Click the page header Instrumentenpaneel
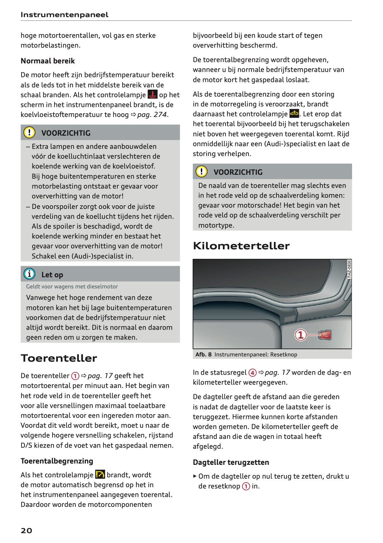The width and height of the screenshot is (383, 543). [64, 14]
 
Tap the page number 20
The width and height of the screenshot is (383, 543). [26, 530]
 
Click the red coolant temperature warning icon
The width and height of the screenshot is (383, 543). [153, 95]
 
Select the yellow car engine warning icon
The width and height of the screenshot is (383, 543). [294, 114]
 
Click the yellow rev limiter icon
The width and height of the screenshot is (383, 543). [100, 474]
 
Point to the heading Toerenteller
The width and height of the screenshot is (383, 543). [59, 358]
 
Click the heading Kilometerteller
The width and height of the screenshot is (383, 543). [241, 245]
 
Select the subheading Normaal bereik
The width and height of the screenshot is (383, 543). [48, 61]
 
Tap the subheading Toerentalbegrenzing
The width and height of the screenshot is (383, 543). [57, 461]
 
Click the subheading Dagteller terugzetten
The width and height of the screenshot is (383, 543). [231, 462]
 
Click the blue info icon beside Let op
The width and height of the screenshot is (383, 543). [29, 274]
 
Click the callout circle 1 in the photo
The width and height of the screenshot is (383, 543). [300, 335]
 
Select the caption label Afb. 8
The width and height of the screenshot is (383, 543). [203, 354]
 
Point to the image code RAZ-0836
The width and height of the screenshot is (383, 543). [349, 269]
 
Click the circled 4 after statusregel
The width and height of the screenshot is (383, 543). [252, 373]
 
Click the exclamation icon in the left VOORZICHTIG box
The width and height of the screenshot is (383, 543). [29, 132]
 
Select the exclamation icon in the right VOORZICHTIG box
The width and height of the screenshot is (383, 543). [202, 171]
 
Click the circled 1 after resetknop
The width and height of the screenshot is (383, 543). [246, 486]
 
